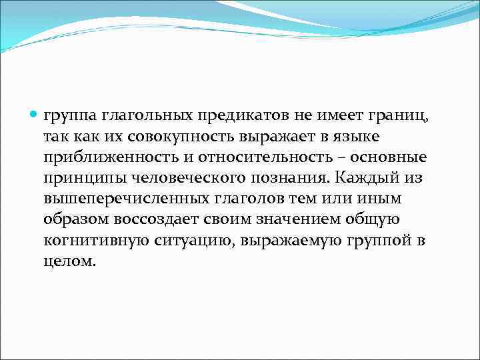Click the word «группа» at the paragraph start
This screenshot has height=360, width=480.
coord(70,117)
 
